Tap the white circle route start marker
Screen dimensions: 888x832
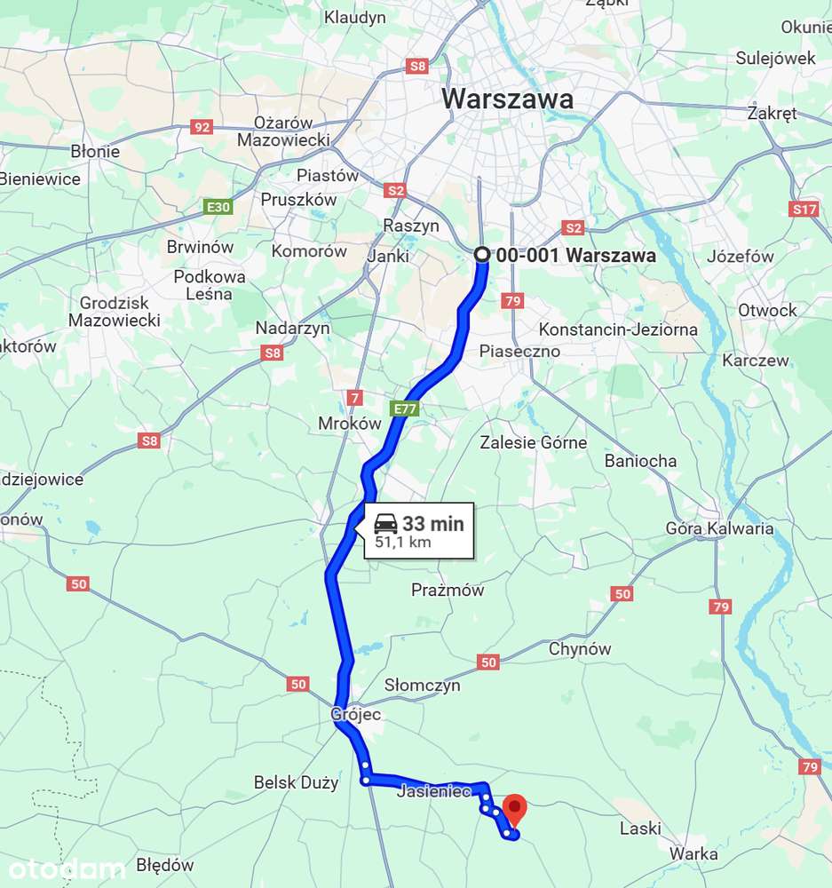tap(482, 255)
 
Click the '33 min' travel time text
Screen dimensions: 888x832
tap(432, 524)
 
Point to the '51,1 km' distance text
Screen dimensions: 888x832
tap(402, 543)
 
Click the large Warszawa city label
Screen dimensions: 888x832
tap(507, 99)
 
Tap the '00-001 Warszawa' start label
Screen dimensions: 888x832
tap(575, 256)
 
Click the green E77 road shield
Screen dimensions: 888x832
tap(403, 408)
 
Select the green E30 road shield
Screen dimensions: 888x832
tap(218, 208)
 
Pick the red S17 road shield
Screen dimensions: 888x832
tap(803, 210)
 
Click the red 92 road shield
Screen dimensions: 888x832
tap(202, 128)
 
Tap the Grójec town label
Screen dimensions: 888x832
tap(355, 714)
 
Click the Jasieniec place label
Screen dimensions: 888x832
tap(434, 791)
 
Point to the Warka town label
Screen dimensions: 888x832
tap(693, 853)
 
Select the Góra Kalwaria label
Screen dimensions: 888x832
tap(719, 528)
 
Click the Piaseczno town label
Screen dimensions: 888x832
tap(519, 351)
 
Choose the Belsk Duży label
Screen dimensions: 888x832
tap(296, 783)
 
